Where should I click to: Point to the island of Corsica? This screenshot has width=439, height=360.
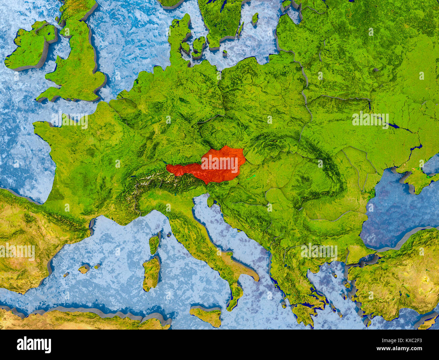(x=154, y=243)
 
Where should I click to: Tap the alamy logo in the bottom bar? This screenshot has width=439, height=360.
(x=34, y=345)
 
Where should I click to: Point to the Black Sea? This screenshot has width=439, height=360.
(x=398, y=210)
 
